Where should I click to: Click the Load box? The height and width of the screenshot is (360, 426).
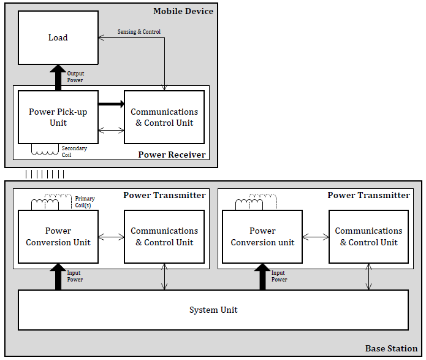click(58, 37)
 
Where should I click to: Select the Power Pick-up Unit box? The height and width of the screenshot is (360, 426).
click(58, 117)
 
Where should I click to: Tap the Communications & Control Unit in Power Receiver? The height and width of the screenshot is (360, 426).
click(164, 117)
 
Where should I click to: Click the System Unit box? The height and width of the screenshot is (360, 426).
click(213, 310)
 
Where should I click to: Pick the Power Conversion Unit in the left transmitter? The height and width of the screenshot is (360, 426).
click(58, 237)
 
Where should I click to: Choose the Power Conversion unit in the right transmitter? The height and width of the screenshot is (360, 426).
click(262, 237)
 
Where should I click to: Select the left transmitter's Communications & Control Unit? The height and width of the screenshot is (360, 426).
click(164, 237)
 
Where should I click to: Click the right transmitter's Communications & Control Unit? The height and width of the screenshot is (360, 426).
click(368, 237)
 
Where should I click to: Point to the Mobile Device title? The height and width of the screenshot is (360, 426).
click(183, 11)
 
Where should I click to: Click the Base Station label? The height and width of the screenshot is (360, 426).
click(391, 348)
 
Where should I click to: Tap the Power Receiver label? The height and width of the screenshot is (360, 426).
click(172, 155)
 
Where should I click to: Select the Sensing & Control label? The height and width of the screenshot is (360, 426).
click(139, 31)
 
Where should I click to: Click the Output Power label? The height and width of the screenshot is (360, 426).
click(75, 77)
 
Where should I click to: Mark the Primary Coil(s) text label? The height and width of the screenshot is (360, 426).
click(85, 202)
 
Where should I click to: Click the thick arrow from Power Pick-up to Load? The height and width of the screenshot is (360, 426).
click(58, 77)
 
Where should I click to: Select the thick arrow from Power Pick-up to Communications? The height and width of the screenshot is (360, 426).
click(111, 104)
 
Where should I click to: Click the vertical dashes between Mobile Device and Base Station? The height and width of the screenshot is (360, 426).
click(45, 174)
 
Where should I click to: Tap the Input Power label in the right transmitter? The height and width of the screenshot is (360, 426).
click(279, 276)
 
